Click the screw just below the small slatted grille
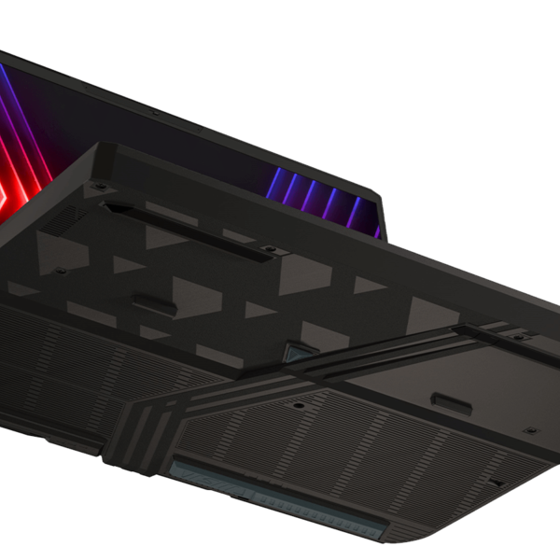click(x=60, y=271)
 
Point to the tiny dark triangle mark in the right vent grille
click(x=497, y=482)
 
